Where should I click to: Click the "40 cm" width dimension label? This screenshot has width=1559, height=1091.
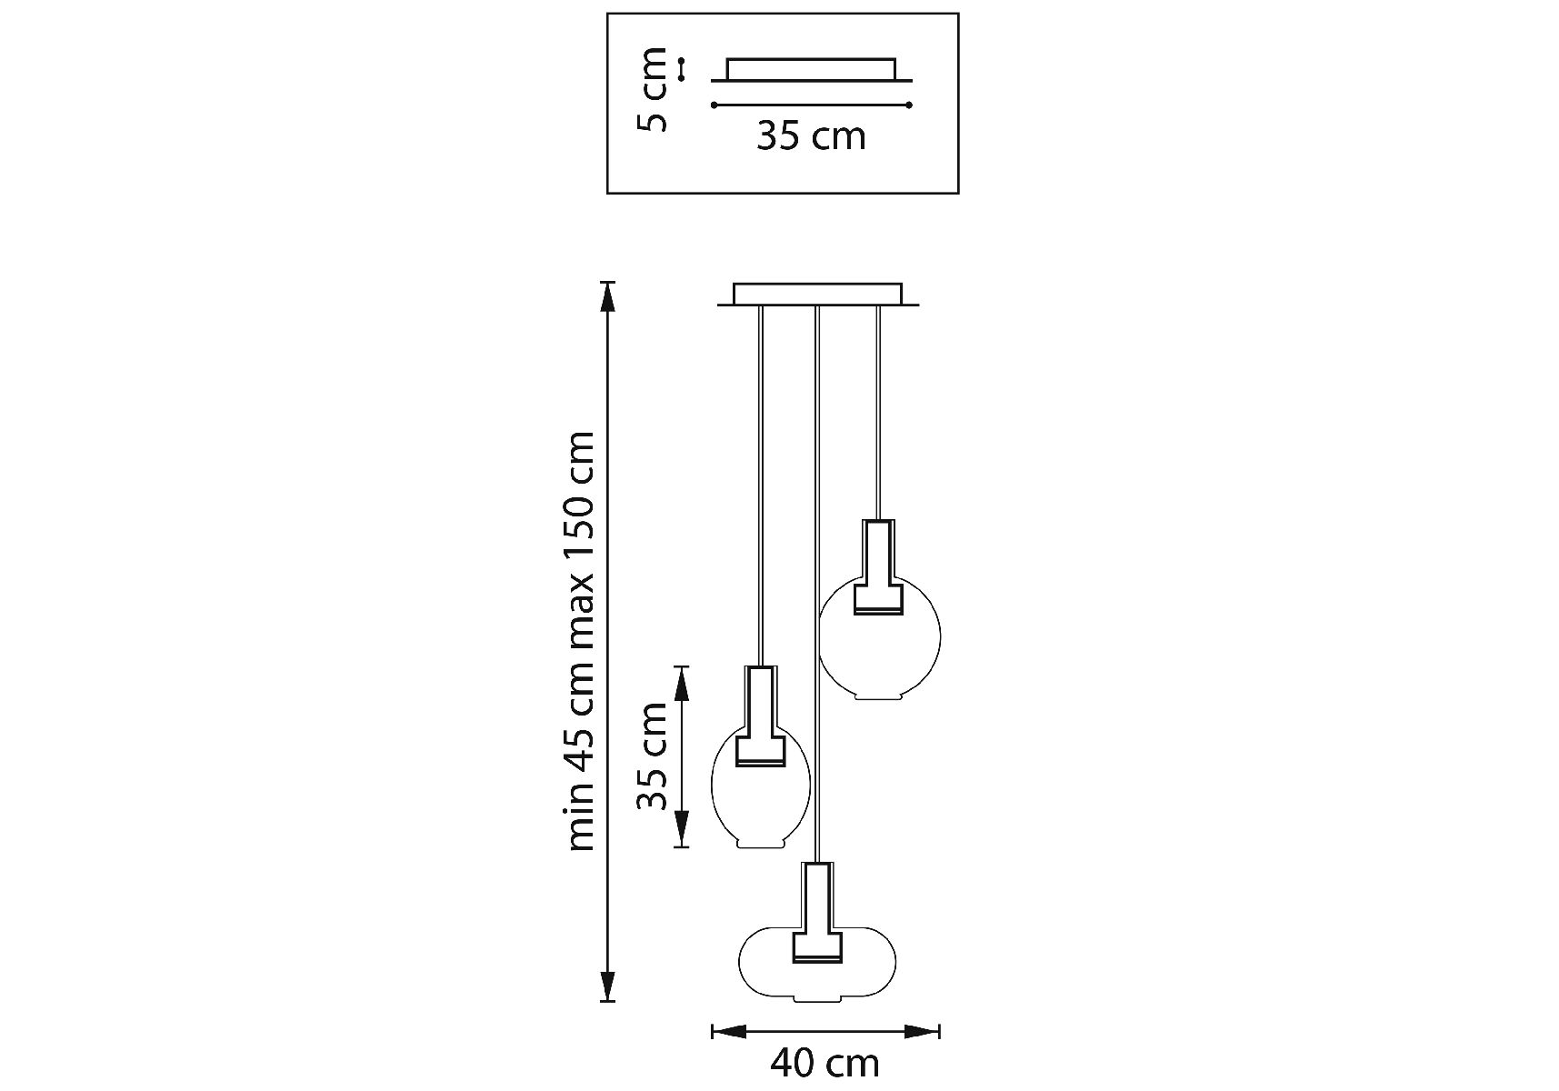pos(824,1062)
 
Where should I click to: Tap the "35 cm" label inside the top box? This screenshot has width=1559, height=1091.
pos(811,136)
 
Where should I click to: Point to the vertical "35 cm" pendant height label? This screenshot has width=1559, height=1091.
pos(653,756)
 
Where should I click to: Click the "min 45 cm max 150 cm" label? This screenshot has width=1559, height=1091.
pos(581,641)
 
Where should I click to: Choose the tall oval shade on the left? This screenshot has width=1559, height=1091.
pos(759,800)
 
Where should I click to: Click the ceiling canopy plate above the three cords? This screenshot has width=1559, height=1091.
pos(818,295)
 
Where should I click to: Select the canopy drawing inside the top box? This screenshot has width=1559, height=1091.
pos(811,70)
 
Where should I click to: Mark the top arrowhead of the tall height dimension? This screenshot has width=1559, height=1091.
pos(607,296)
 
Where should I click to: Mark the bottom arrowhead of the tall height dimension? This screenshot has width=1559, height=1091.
pos(607,986)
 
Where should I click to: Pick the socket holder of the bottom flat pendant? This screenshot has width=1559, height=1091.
pos(817,914)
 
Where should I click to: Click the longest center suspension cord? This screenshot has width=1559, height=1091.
pos(818,582)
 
